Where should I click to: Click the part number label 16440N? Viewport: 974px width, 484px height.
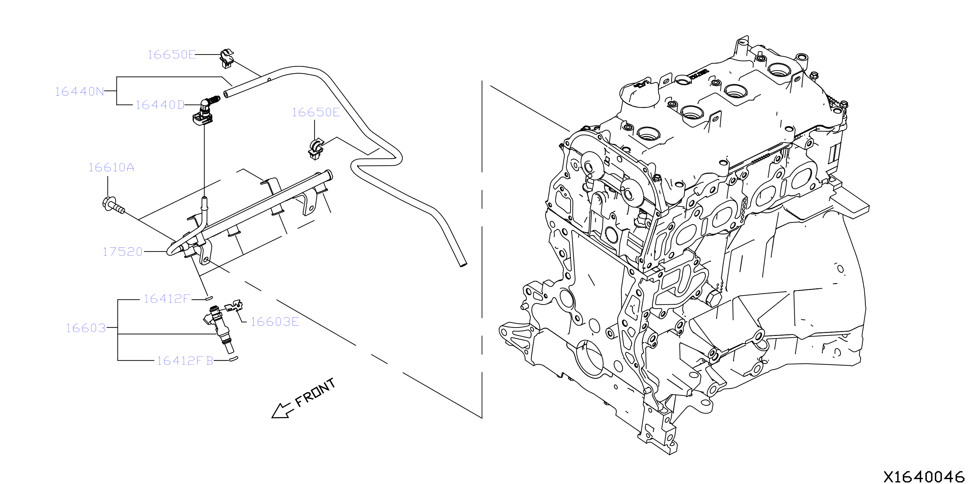pos(79,92)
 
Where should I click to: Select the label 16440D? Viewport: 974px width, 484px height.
pos(160,105)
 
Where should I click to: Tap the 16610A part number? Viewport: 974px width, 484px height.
pos(111,168)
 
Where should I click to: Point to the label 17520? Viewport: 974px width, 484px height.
pos(123,252)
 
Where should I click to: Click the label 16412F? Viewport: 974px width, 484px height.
pos(166,299)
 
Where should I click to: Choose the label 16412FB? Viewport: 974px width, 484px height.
pos(185,361)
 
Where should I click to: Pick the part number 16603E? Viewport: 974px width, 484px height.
pos(275,322)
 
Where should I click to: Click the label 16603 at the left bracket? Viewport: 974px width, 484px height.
pos(86,328)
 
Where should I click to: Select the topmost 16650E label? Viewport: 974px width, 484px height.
pos(172,55)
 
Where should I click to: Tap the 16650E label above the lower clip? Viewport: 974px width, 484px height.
pos(316,112)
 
